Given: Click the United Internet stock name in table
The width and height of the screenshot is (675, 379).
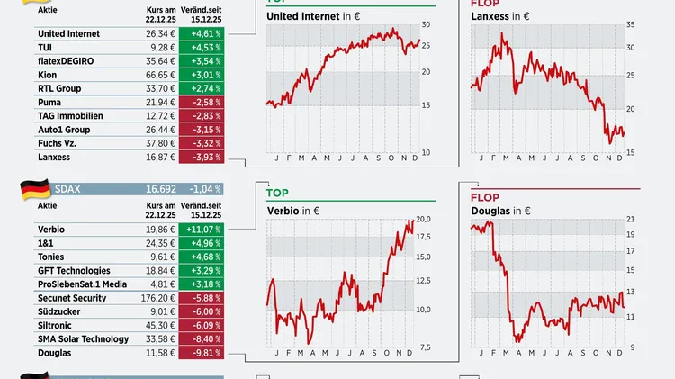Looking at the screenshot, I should click(69, 33).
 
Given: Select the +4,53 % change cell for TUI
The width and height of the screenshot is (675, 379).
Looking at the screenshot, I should click(201, 48).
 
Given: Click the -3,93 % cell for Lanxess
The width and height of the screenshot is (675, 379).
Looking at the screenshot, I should click(201, 157).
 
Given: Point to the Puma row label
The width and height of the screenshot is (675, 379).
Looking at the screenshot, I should click(51, 103).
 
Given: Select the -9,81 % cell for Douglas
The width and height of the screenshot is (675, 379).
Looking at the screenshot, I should click(201, 353).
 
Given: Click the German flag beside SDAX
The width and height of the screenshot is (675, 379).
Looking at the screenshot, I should click(35, 190).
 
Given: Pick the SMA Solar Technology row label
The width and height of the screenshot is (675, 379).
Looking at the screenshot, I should click(84, 339).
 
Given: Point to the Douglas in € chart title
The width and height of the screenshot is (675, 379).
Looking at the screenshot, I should click(499, 211).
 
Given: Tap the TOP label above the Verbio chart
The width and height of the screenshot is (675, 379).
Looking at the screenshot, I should click(277, 194).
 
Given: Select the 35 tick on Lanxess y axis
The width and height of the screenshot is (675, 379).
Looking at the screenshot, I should click(632, 24).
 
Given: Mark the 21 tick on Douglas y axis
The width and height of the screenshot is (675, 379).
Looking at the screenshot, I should click(631, 220).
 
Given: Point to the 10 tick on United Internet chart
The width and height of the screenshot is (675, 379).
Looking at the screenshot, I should click(426, 152).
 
